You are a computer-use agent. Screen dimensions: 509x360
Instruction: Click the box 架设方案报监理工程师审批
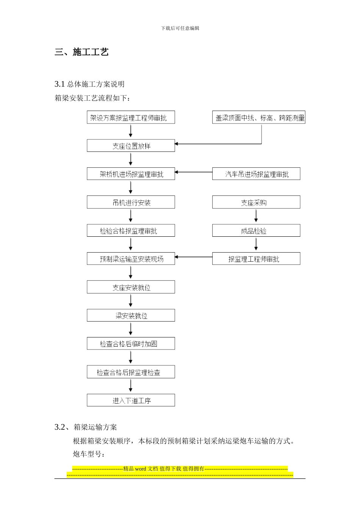point(131,118)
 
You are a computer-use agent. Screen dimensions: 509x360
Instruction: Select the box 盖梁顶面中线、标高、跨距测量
point(258,118)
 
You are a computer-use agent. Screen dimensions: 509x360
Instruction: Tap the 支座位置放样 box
point(131,146)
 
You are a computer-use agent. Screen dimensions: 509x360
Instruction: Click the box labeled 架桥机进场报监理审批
point(131,174)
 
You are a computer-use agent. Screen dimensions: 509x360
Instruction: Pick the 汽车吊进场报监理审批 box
point(256,174)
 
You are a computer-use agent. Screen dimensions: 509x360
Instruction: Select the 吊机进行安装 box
point(131,202)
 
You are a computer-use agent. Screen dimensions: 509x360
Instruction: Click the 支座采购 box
point(256,202)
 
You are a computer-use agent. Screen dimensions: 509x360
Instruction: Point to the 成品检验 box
point(256,231)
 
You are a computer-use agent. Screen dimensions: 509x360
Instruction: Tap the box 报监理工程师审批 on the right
point(256,259)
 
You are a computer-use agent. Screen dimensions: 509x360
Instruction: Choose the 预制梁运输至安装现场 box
point(131,259)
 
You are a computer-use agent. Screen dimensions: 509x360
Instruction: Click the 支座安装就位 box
point(131,287)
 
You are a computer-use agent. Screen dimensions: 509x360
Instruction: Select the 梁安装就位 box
point(131,315)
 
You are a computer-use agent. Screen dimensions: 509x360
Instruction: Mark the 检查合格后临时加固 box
point(131,343)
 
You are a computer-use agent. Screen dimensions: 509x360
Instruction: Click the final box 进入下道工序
point(131,400)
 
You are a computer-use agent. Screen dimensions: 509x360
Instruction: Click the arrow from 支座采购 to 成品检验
point(256,216)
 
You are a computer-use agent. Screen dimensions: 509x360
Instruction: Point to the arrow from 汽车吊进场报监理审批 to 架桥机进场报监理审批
point(194,172)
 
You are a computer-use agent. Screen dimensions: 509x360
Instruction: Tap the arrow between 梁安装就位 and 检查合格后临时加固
point(131,329)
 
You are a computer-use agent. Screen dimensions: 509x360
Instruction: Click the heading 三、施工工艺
point(81,52)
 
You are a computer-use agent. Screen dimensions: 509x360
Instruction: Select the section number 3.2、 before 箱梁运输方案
point(63,427)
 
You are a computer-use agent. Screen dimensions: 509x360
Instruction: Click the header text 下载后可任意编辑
point(180,28)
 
